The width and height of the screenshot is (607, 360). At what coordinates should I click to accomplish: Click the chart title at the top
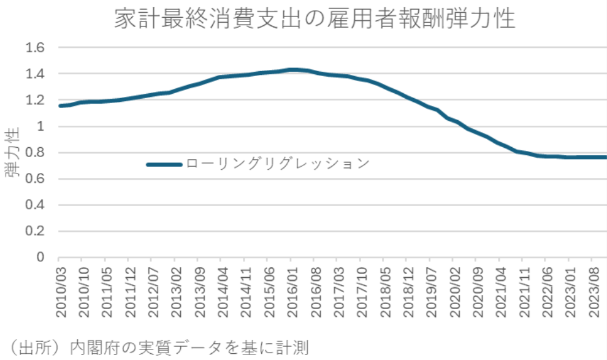315,20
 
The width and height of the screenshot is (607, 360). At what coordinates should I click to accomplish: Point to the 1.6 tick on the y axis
39,48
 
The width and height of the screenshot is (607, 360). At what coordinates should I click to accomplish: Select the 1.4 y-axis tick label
39,74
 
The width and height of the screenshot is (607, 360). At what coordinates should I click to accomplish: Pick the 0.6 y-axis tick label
39,179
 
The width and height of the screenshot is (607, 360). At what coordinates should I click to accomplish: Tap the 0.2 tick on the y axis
39,232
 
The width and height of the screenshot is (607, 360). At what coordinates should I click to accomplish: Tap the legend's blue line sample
164,164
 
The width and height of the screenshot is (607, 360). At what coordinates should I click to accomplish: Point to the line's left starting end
60,106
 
